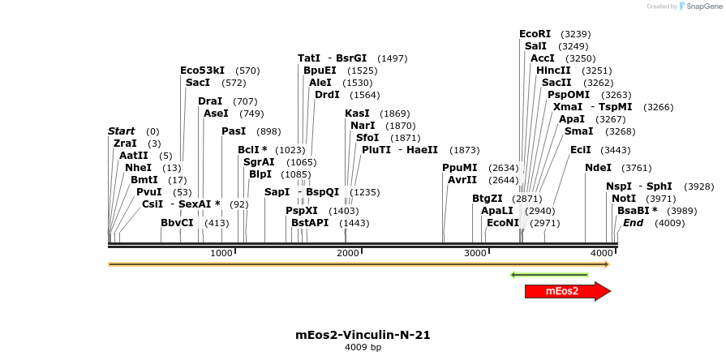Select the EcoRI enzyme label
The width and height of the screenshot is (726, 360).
[535, 34]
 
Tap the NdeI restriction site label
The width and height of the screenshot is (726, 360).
[598, 168]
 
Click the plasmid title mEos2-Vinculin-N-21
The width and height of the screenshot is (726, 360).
[363, 334]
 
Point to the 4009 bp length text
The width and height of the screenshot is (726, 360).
[363, 347]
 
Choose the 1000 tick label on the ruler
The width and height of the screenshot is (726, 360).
[221, 254]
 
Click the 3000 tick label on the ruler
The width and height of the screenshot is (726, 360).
[475, 254]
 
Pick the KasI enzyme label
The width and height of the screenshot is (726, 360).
[356, 114]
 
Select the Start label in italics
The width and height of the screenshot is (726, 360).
[122, 131]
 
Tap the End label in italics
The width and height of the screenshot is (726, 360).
[633, 222]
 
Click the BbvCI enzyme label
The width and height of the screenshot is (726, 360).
[177, 222]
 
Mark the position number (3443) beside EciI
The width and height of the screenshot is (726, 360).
[616, 150]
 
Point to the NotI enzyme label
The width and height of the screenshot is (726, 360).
[624, 198]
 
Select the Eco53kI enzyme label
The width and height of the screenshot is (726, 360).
[202, 71]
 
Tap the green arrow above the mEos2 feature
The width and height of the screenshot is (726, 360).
[560, 275]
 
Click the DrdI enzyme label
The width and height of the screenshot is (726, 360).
[328, 95]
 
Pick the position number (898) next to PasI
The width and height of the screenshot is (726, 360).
[268, 131]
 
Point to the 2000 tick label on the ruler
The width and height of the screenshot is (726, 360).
[348, 254]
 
